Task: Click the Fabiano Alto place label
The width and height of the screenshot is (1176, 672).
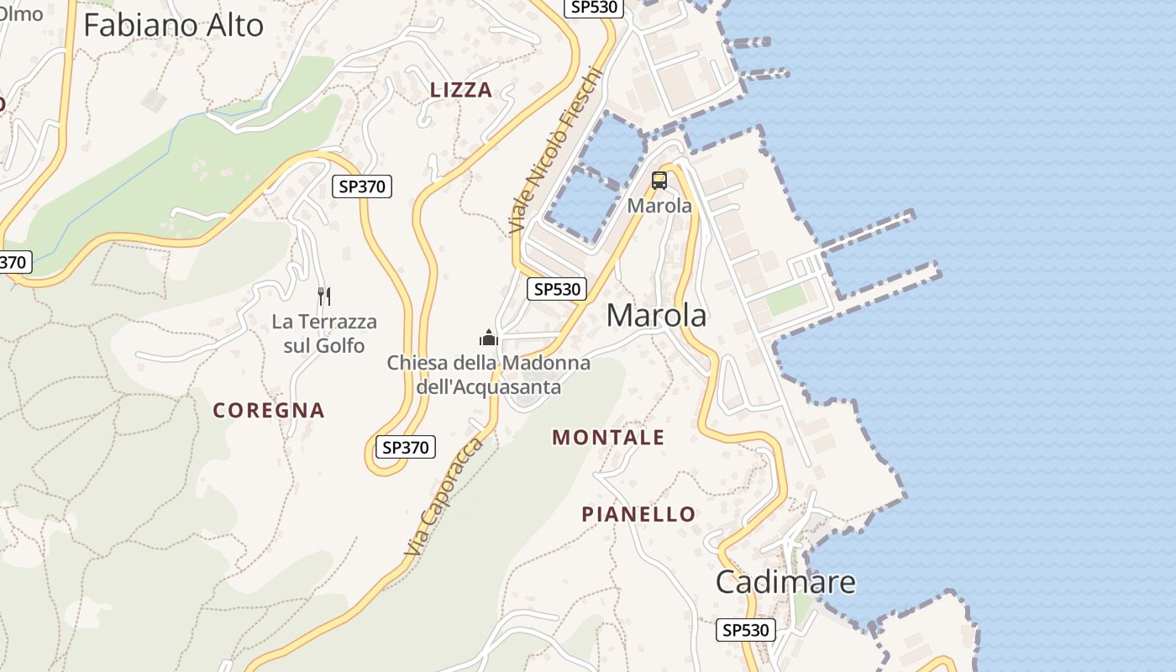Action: click(173, 25)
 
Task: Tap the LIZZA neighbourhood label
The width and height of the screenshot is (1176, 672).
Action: click(461, 91)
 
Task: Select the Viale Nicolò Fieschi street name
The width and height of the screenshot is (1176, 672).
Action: click(555, 151)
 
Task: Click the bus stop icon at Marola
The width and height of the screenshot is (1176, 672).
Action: click(659, 180)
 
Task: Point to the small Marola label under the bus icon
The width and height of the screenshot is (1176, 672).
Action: click(659, 206)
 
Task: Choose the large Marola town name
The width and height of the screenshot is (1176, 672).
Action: click(656, 316)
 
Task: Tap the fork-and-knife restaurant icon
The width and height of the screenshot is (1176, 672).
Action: click(324, 296)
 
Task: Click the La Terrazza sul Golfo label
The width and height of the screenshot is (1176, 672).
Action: click(324, 333)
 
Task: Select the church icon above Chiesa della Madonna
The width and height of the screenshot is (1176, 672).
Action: click(488, 338)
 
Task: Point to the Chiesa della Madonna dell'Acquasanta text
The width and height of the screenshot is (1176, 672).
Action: click(488, 375)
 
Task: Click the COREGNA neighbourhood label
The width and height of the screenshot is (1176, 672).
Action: click(269, 411)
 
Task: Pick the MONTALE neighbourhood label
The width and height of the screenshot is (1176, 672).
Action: click(608, 438)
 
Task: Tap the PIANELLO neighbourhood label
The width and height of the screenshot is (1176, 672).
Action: click(639, 514)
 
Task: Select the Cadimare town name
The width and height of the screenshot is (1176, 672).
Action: click(785, 581)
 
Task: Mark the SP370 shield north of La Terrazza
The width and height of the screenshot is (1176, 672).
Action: click(362, 186)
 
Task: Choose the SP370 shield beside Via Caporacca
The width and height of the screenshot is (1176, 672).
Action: click(406, 448)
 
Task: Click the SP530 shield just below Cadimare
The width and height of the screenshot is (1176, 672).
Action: click(746, 630)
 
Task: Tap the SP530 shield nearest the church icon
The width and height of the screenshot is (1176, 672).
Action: click(557, 289)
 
